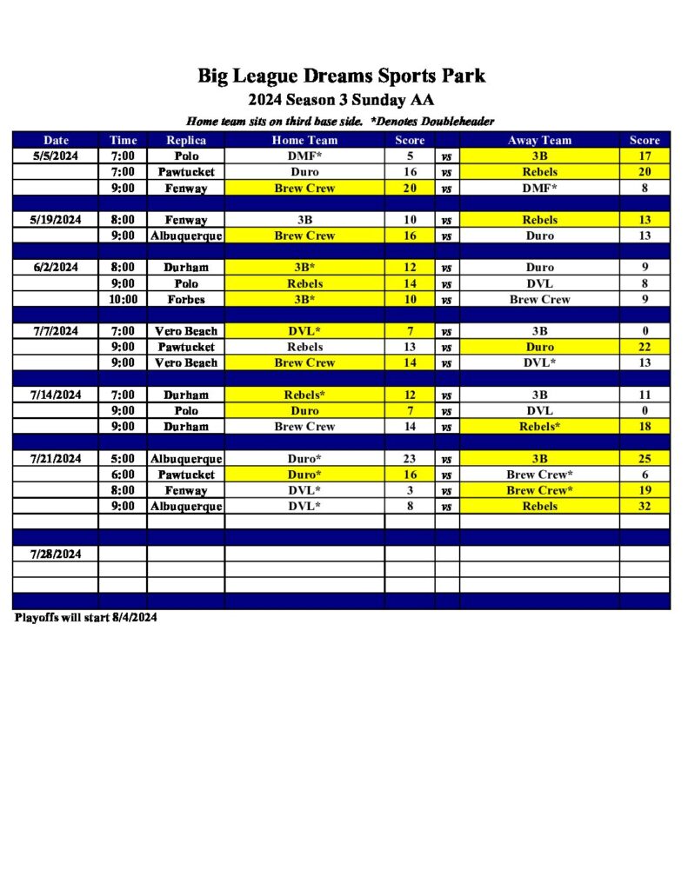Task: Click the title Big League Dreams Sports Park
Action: tap(341, 76)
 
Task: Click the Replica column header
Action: tap(186, 140)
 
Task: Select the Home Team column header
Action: tap(304, 140)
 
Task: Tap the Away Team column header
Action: tap(539, 140)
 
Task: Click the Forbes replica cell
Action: tap(186, 300)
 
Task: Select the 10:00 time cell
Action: tap(123, 300)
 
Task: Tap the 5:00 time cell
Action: tap(123, 459)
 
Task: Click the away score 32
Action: tap(645, 507)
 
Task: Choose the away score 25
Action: tap(645, 459)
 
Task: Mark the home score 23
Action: tap(410, 459)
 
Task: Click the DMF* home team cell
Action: tap(304, 156)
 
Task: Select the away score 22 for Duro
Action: tap(645, 347)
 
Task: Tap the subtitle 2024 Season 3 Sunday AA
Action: tap(341, 100)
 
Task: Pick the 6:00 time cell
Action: tap(123, 475)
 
